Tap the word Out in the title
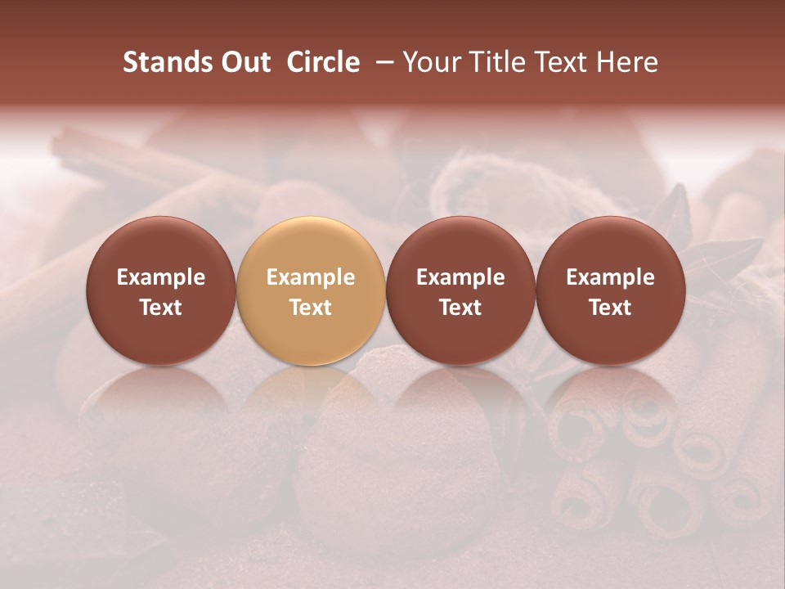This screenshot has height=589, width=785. point(244,62)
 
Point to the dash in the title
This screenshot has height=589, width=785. point(382,62)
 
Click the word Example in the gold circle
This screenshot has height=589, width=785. point(311,277)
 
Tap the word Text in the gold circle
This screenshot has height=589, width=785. point(311,308)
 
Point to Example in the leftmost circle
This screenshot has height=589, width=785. point(161,277)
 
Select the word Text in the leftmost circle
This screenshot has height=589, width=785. point(161,308)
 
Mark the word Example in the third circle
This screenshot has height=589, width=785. point(460,277)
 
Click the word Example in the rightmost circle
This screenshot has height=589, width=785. point(611,277)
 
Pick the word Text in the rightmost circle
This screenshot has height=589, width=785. point(611,308)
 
